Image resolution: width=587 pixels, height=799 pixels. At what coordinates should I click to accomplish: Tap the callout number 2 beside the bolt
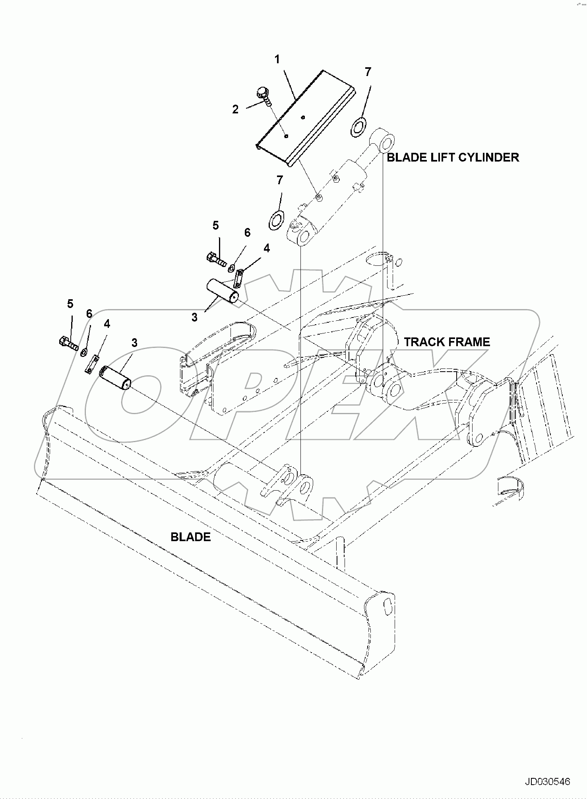[235, 109]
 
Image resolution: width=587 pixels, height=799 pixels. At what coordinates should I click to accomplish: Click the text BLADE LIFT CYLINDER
[453, 157]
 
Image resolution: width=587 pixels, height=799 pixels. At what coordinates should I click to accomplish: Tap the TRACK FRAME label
[447, 342]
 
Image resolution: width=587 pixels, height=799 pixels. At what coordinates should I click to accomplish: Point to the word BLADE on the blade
[190, 537]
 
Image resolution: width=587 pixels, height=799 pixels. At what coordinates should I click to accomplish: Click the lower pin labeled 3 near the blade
[115, 378]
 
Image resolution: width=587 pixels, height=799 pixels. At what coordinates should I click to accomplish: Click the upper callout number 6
[247, 232]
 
